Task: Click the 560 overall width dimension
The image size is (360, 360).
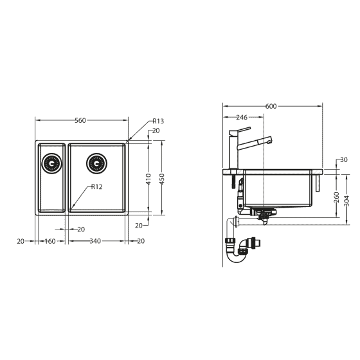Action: click(x=80, y=120)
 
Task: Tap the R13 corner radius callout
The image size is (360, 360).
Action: click(x=158, y=121)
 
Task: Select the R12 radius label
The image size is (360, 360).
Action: click(x=97, y=186)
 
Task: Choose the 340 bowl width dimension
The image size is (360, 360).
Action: click(x=94, y=241)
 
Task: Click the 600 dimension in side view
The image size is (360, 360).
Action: click(x=271, y=106)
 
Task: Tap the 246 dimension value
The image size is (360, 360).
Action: click(x=242, y=118)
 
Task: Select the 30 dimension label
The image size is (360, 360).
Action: click(x=344, y=159)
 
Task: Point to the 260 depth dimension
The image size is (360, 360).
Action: click(x=336, y=197)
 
